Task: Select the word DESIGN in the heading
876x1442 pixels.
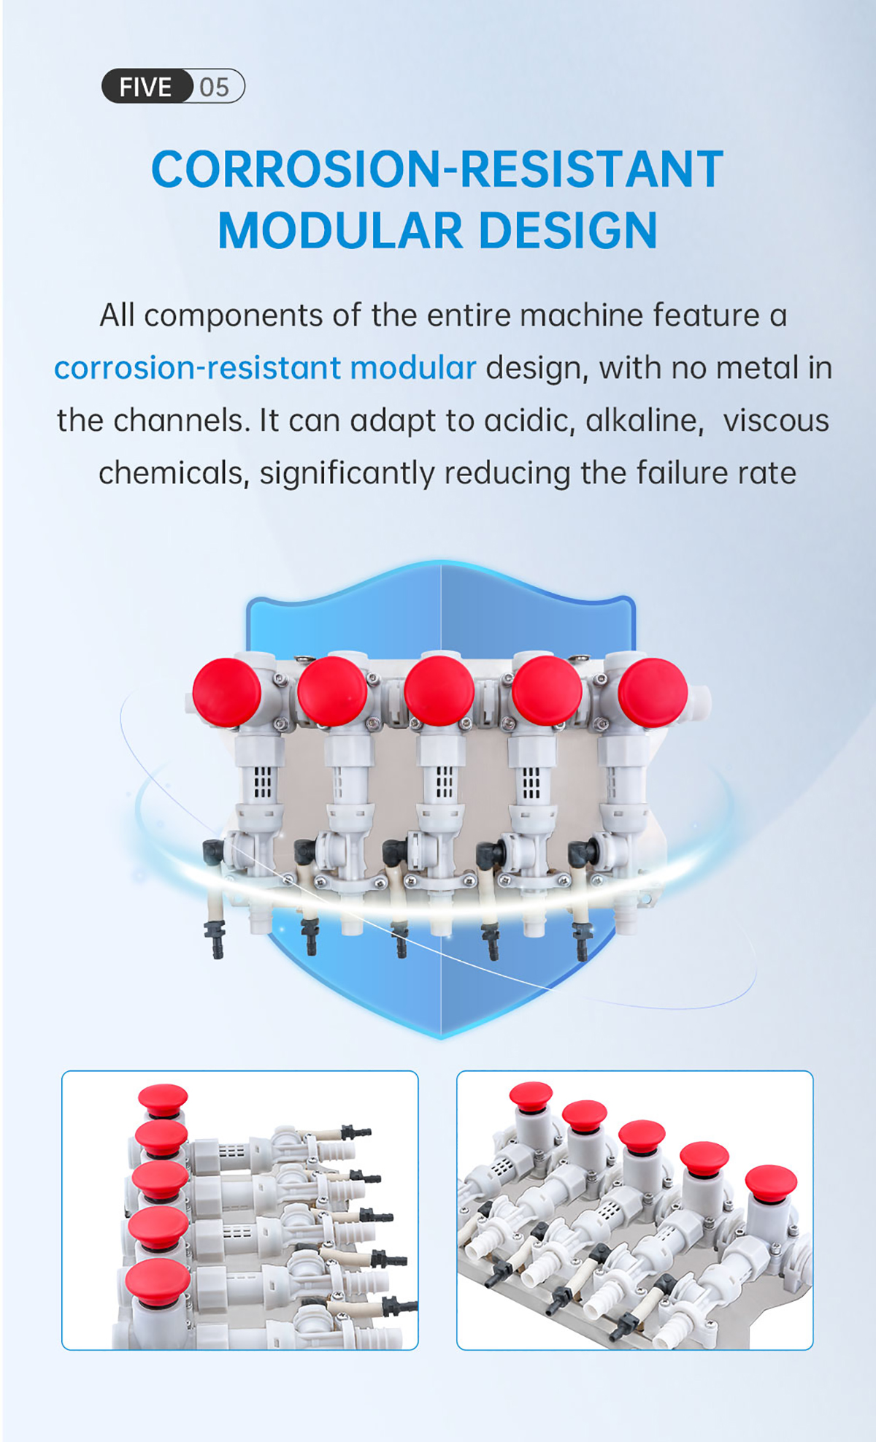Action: tap(568, 231)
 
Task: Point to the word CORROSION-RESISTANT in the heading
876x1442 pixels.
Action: tap(437, 169)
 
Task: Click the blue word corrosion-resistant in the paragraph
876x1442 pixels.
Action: tap(198, 368)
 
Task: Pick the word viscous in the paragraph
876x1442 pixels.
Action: tap(776, 421)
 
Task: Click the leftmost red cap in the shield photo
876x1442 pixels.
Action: tap(226, 692)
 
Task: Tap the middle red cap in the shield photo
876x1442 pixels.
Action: tap(439, 691)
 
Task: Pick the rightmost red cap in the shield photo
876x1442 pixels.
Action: tap(653, 692)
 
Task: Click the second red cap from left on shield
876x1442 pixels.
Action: tap(332, 691)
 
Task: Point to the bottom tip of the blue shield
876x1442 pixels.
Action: tap(441, 1038)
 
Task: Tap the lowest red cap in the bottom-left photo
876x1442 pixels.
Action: tap(158, 1283)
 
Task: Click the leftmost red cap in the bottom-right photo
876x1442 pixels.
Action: tap(531, 1096)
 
